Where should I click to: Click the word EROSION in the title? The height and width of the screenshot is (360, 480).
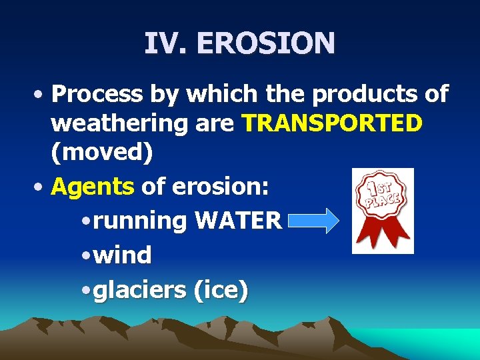265,43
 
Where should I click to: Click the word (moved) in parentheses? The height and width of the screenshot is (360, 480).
102,153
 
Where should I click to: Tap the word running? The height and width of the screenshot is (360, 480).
140,221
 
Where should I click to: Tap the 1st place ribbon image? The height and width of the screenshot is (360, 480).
382,211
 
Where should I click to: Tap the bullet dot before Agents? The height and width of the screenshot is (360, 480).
41,187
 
